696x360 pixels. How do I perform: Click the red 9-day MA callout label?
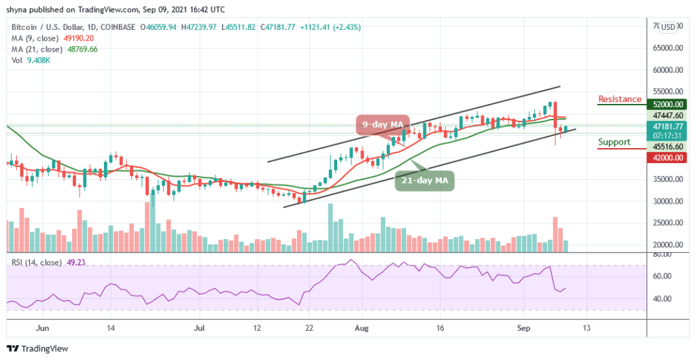[383, 124]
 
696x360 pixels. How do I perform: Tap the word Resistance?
[620, 99]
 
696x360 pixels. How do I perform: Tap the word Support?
[614, 142]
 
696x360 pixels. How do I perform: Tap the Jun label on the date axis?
[43, 327]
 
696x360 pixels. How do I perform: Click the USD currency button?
[668, 27]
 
